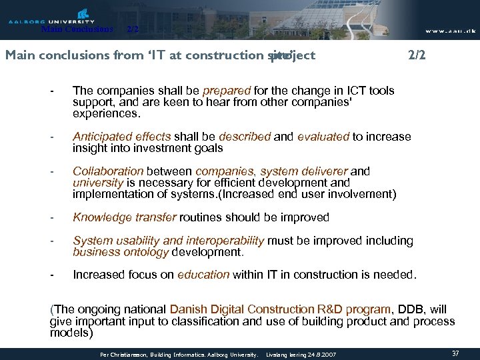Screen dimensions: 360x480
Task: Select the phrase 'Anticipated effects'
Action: (x=121, y=137)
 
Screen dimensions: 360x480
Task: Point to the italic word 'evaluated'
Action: (x=323, y=137)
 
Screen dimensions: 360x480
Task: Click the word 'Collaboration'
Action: (x=108, y=171)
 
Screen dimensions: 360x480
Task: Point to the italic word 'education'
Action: (x=203, y=274)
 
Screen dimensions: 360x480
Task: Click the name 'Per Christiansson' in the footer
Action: (x=121, y=353)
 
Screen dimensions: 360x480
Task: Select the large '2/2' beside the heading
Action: (x=416, y=55)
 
